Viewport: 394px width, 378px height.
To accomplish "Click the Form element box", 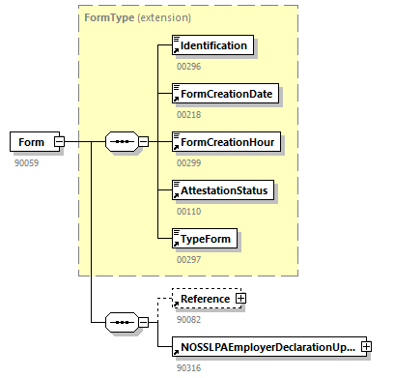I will coord(32,142).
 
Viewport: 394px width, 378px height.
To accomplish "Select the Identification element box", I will coord(211,45).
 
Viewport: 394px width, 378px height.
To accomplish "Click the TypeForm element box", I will coord(204,238).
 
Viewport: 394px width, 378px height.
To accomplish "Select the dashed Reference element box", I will coord(202,299).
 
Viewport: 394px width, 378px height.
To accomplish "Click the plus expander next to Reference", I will coord(240,299).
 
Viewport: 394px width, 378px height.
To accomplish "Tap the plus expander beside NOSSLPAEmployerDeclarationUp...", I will coord(367,346).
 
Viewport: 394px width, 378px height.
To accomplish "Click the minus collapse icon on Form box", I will coord(60,142).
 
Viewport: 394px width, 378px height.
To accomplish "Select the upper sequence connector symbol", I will coord(121,142).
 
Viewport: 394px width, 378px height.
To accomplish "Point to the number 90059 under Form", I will coord(26,162).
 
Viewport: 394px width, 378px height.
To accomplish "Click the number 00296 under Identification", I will coord(187,66).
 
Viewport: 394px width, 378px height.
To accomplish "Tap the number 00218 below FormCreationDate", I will coord(187,114).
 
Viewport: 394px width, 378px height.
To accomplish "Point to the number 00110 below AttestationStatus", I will coord(187,211).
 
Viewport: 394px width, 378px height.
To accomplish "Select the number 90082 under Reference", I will coord(187,319).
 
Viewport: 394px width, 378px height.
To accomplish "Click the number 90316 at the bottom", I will coord(187,367).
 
